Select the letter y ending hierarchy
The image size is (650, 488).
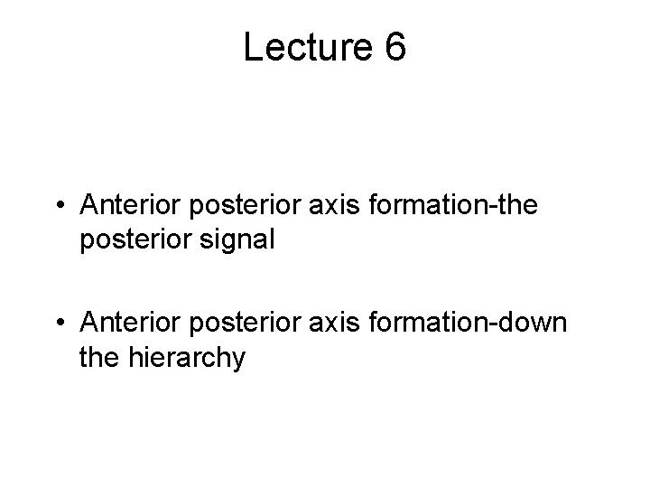click(x=237, y=361)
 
